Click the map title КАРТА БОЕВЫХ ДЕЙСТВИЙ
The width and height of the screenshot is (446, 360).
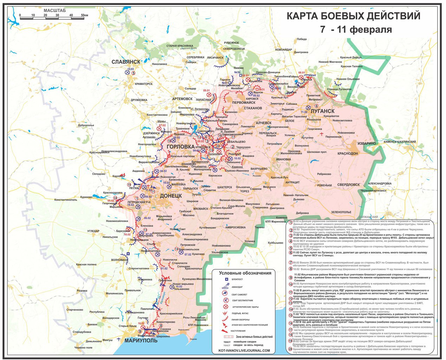(x=353, y=16)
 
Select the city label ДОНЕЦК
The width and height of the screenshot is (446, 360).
(x=171, y=195)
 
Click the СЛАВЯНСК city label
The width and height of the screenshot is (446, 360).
(x=126, y=62)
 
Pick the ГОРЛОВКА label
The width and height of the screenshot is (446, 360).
(x=180, y=146)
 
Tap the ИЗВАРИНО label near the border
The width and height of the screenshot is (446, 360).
(x=367, y=143)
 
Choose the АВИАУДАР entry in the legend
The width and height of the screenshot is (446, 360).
(x=238, y=287)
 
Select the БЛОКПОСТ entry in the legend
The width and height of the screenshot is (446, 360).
(x=238, y=279)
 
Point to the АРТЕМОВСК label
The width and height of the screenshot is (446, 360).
(x=182, y=99)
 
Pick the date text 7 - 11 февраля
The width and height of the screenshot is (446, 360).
(x=356, y=30)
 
